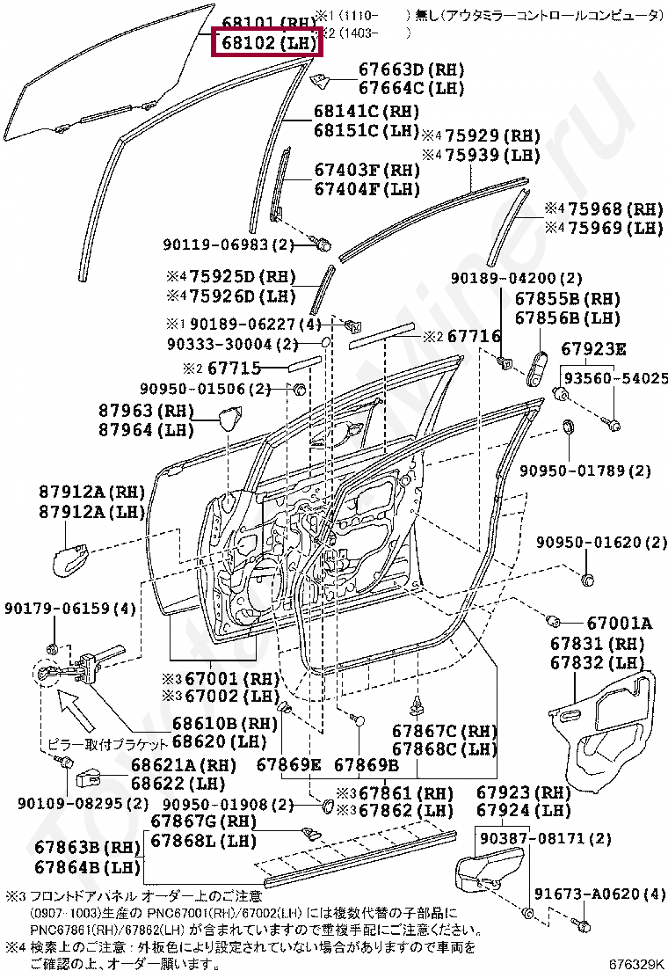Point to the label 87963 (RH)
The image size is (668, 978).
pyautogui.click(x=133, y=411)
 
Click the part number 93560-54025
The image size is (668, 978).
pyautogui.click(x=615, y=378)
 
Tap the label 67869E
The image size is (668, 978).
pyautogui.click(x=289, y=764)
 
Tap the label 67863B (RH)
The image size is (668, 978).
pyautogui.click(x=88, y=848)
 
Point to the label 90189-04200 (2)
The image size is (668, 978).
pyautogui.click(x=517, y=279)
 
